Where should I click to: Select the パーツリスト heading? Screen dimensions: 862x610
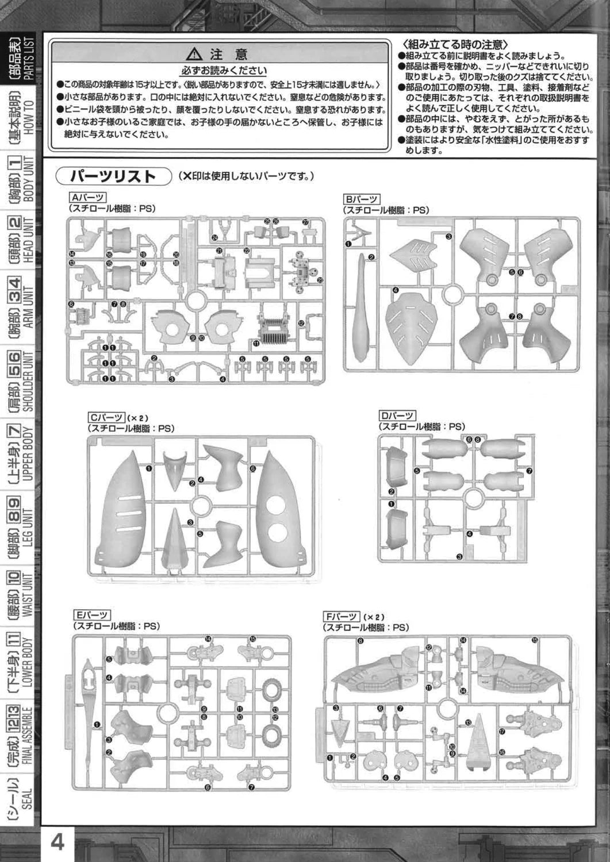tap(114, 175)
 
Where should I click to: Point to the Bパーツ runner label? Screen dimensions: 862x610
tap(361, 199)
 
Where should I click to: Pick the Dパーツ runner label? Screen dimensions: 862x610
tap(397, 415)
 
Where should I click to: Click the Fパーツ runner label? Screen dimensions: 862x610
tap(342, 617)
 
